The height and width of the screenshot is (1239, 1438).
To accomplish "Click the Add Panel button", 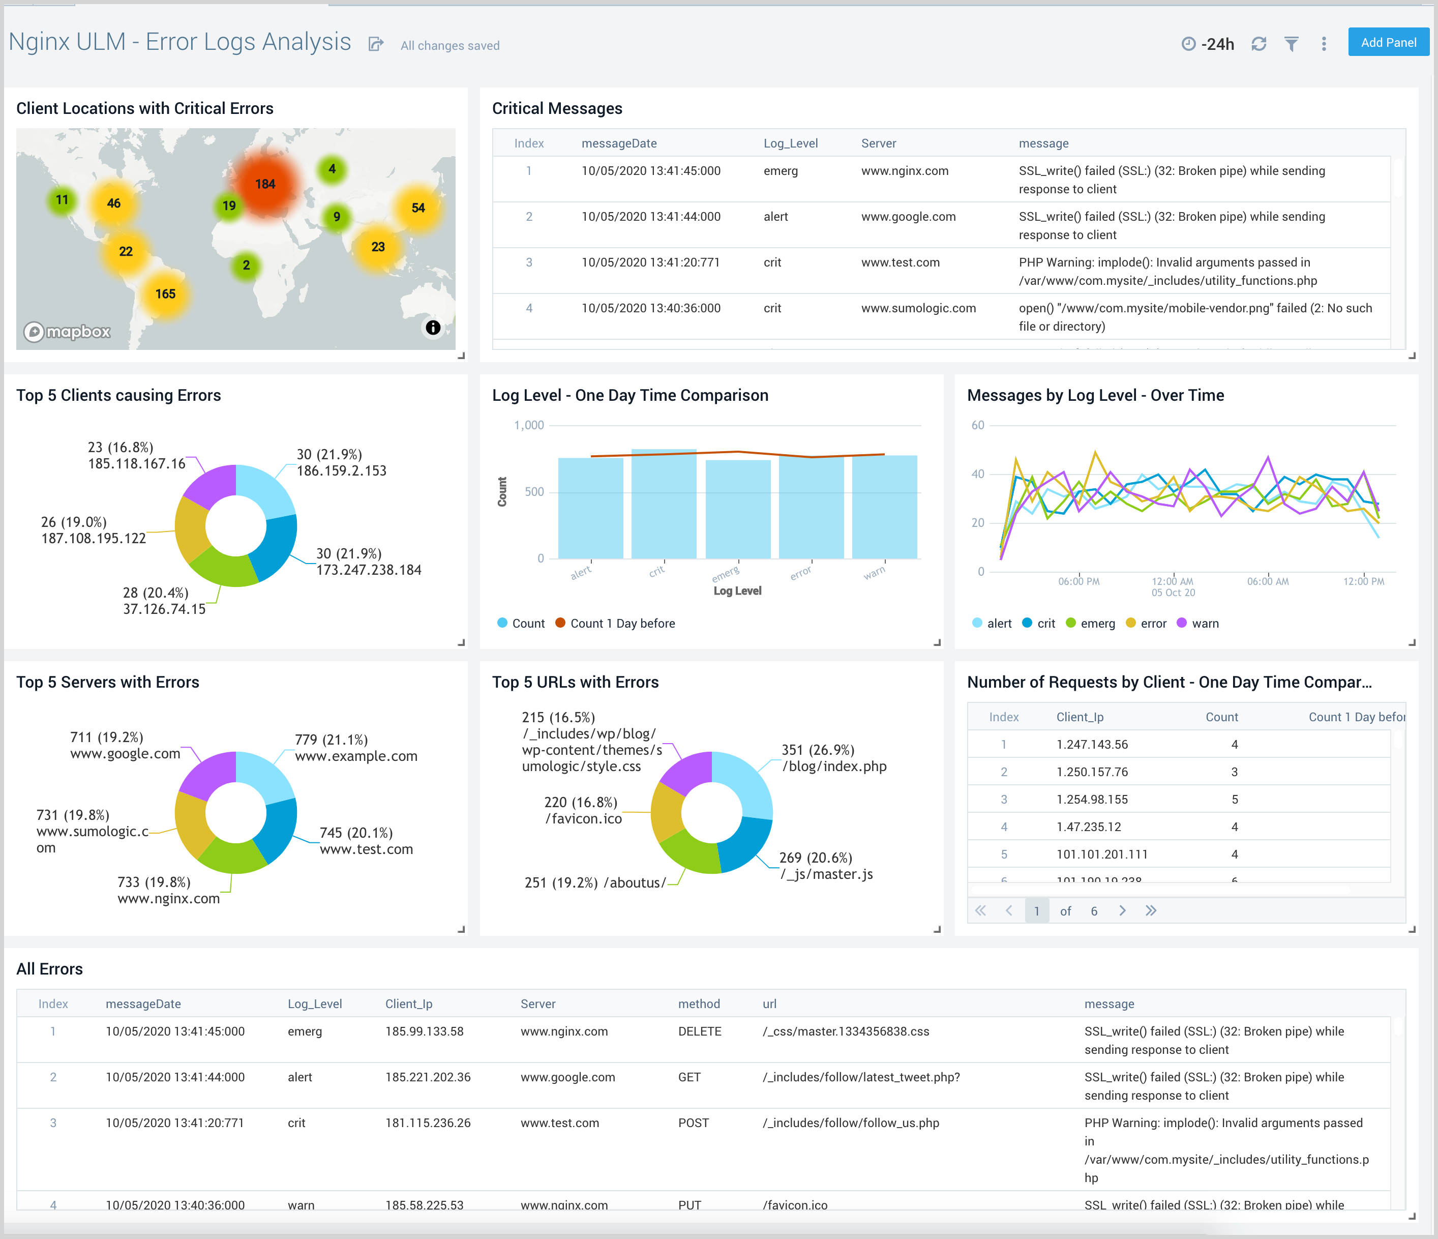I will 1388,42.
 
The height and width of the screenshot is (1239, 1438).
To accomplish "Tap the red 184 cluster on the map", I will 265,184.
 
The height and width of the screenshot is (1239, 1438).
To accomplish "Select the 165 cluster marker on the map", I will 165,293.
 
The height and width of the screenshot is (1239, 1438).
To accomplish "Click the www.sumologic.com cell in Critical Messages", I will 918,308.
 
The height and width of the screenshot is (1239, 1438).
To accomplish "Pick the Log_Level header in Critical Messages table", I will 791,143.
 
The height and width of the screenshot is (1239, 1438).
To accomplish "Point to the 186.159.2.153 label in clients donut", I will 342,470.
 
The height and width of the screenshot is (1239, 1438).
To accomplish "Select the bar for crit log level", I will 664,504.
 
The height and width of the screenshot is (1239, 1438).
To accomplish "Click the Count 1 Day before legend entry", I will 622,624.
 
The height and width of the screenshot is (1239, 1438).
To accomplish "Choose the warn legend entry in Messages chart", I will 1205,624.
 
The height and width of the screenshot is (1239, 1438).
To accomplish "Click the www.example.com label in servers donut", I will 356,756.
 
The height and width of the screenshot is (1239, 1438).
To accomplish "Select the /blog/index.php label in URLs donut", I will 834,766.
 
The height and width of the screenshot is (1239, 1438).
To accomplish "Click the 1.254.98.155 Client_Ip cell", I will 1092,800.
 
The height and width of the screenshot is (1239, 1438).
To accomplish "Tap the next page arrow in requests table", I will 1122,910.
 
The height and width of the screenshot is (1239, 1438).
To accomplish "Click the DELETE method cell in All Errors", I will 700,1031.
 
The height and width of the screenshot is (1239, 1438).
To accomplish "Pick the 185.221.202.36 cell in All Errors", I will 428,1077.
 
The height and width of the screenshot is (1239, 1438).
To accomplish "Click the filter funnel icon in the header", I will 1291,44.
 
